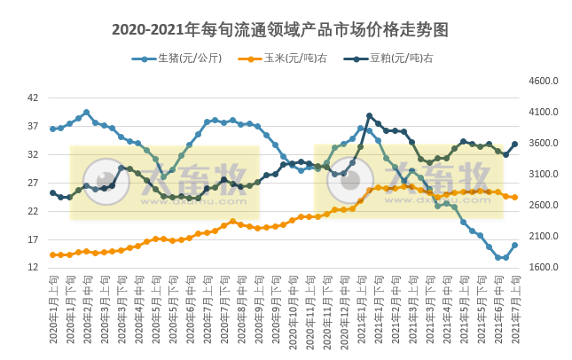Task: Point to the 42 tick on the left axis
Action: pos(33,98)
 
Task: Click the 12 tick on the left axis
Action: pos(33,268)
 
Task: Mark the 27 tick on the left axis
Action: pos(33,183)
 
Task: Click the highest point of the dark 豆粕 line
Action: pos(370,115)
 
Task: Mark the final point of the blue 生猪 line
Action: pos(514,246)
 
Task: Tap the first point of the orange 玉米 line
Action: pos(52,254)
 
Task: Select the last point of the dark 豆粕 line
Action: pos(514,144)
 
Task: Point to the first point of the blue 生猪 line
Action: pos(52,129)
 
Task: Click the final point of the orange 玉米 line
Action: pos(514,198)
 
